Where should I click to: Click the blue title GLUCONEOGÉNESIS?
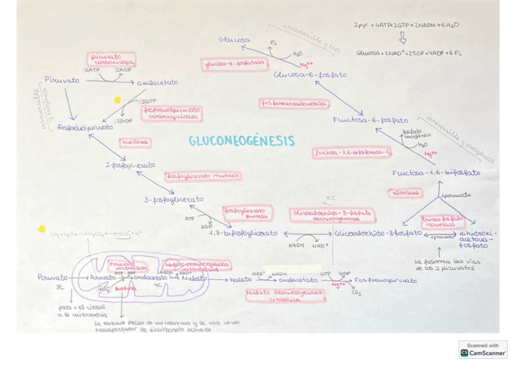pos(241,141)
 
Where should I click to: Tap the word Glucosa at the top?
pos(235,40)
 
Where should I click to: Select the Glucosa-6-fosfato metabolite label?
pos(310,75)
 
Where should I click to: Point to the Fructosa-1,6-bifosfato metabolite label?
pos(436,173)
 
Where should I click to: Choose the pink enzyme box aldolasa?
pos(404,193)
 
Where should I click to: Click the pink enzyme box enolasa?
pos(135,142)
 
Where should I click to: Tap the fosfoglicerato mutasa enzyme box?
pos(202,176)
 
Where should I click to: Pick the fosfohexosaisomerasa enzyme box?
pos(294,104)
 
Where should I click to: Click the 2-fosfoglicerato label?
pos(130,165)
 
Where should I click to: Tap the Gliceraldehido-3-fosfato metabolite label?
pos(377,233)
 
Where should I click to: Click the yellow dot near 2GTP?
pos(118,100)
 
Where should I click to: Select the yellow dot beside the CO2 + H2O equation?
pos(41,229)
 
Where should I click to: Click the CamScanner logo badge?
pos(483,350)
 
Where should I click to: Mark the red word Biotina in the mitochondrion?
pos(125,288)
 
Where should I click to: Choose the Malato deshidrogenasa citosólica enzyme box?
pos(285,296)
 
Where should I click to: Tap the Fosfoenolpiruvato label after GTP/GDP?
pos(385,281)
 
